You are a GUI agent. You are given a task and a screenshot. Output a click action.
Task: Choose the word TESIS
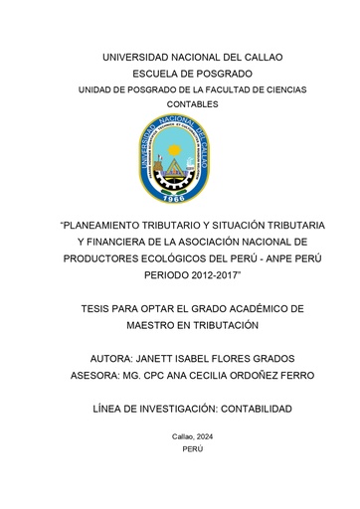tap(102, 310)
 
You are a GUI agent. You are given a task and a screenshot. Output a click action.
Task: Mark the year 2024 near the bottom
tap(196, 436)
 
